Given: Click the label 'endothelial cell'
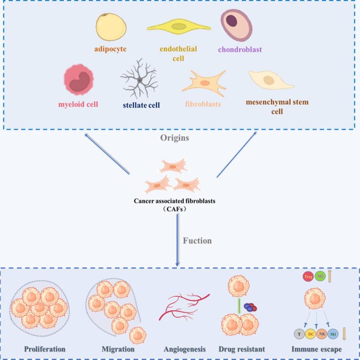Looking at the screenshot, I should [178, 53].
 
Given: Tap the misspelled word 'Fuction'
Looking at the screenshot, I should [198, 241].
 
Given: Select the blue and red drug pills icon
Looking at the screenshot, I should [250, 307].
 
